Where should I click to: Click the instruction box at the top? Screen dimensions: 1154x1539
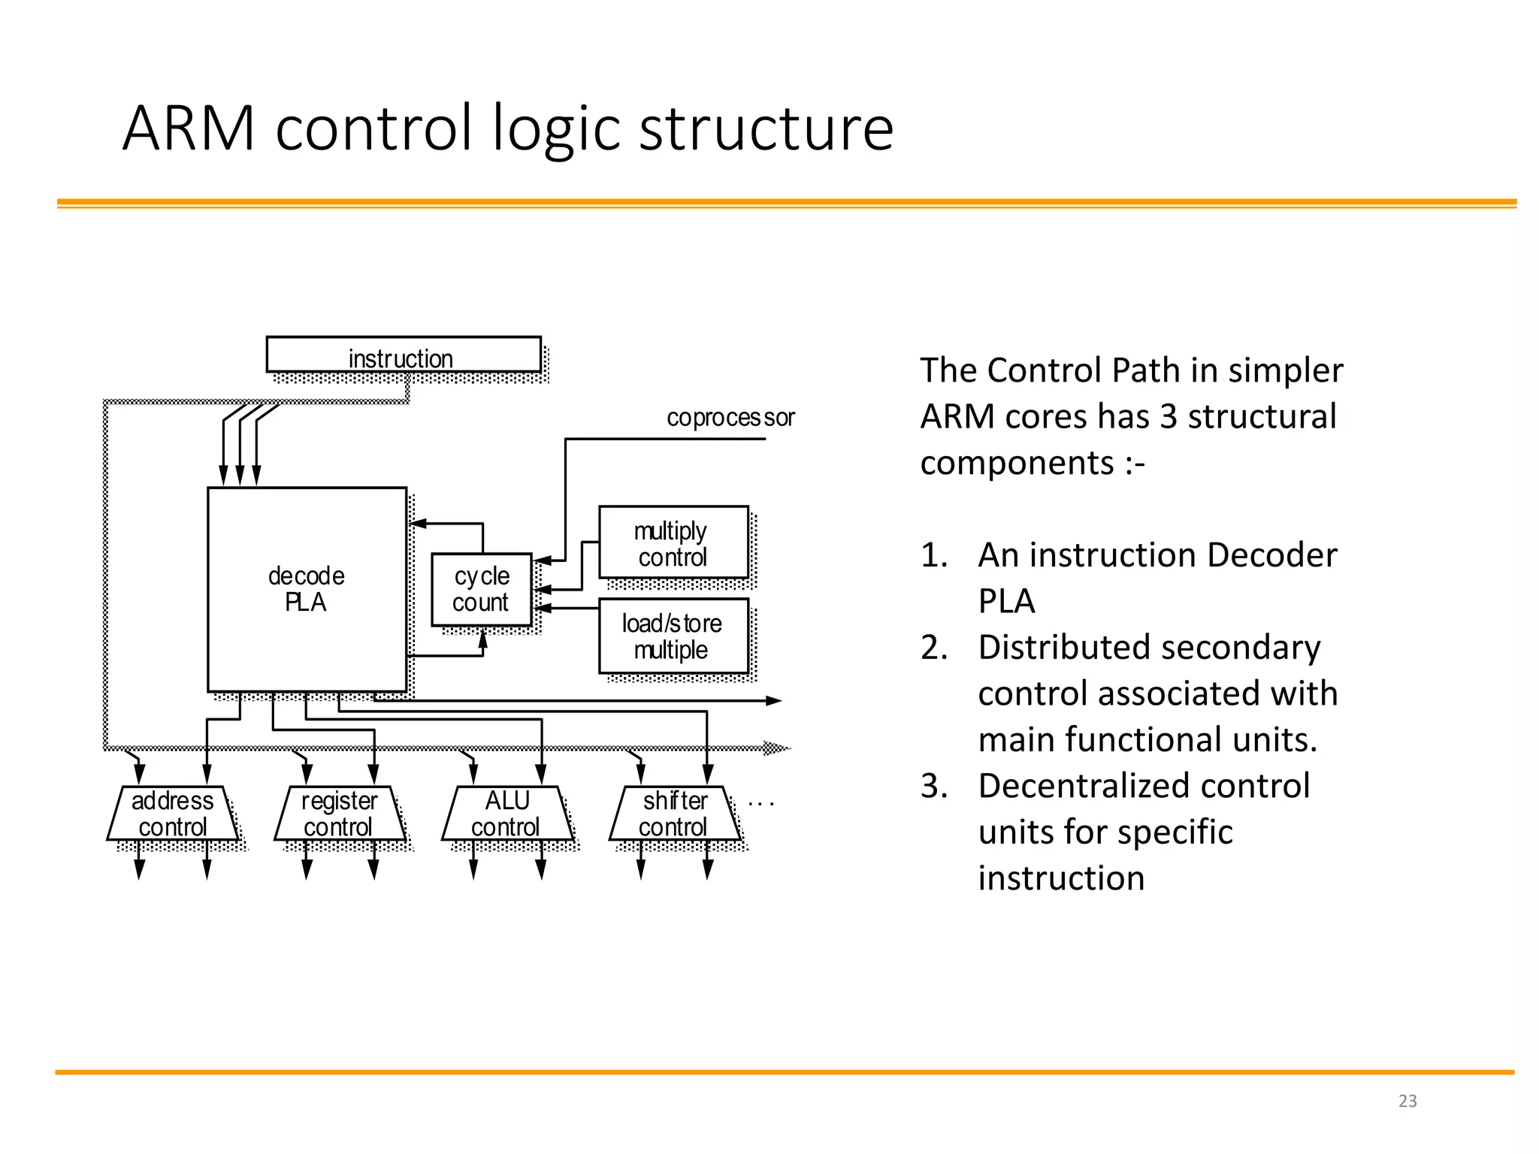(x=404, y=355)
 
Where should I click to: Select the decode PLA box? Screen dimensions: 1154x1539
(x=307, y=589)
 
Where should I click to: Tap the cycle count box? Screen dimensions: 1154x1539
(x=481, y=590)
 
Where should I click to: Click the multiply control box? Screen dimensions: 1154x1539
(x=673, y=543)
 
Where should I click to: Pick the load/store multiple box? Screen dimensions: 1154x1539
(x=673, y=636)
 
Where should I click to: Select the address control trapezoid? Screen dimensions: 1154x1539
(x=172, y=814)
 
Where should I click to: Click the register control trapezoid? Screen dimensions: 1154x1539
(x=339, y=814)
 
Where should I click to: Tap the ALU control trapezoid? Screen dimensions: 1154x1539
(x=506, y=814)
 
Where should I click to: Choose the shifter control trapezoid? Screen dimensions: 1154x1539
(x=674, y=814)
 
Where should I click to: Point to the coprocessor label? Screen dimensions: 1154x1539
(x=730, y=417)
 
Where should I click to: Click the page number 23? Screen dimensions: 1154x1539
(x=1407, y=1101)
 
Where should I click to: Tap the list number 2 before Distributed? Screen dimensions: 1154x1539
(x=933, y=648)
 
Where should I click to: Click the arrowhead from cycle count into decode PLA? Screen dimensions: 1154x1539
(x=418, y=524)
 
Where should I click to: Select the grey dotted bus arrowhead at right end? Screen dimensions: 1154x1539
(x=777, y=748)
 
